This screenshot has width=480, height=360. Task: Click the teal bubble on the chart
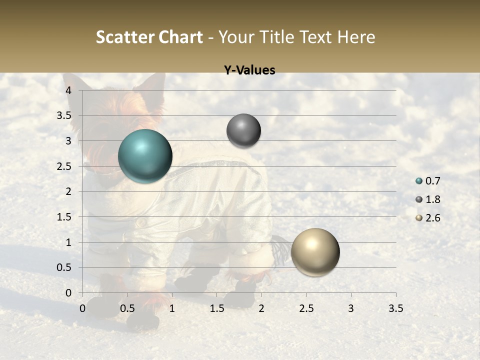[x=145, y=156]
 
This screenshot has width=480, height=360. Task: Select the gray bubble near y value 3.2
[x=243, y=131]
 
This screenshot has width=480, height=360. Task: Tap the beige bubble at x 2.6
[x=315, y=252]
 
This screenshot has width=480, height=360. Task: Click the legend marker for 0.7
[x=419, y=181]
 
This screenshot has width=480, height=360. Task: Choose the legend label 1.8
[x=433, y=199]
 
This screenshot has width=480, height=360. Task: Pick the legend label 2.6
[x=433, y=218]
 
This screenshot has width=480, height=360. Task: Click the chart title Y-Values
[x=249, y=70]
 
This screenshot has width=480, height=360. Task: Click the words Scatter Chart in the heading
[x=149, y=37]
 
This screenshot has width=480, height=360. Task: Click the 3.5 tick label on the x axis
[x=395, y=308]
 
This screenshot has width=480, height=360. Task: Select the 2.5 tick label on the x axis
[x=306, y=308]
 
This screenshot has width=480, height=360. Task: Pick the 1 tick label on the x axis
[x=172, y=308]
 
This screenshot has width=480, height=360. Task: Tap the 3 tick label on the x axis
[x=351, y=308]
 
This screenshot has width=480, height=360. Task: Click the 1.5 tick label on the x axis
[x=216, y=308]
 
